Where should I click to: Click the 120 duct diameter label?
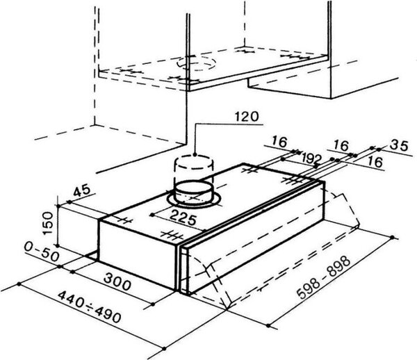(246, 117)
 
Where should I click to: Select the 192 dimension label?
(311, 158)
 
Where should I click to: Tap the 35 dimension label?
(399, 145)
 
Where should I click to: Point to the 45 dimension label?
(81, 190)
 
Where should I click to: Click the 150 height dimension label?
(48, 223)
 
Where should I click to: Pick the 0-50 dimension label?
(42, 252)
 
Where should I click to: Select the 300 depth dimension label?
(117, 281)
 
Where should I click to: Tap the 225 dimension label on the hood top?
(183, 217)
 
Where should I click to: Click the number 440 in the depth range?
(72, 299)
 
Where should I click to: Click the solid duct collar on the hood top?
(194, 192)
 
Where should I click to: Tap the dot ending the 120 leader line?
(195, 154)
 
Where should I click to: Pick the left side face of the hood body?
(137, 256)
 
